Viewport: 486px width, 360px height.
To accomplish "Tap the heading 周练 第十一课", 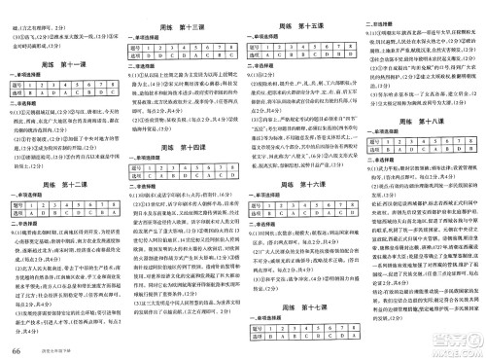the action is click(x=65, y=63).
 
